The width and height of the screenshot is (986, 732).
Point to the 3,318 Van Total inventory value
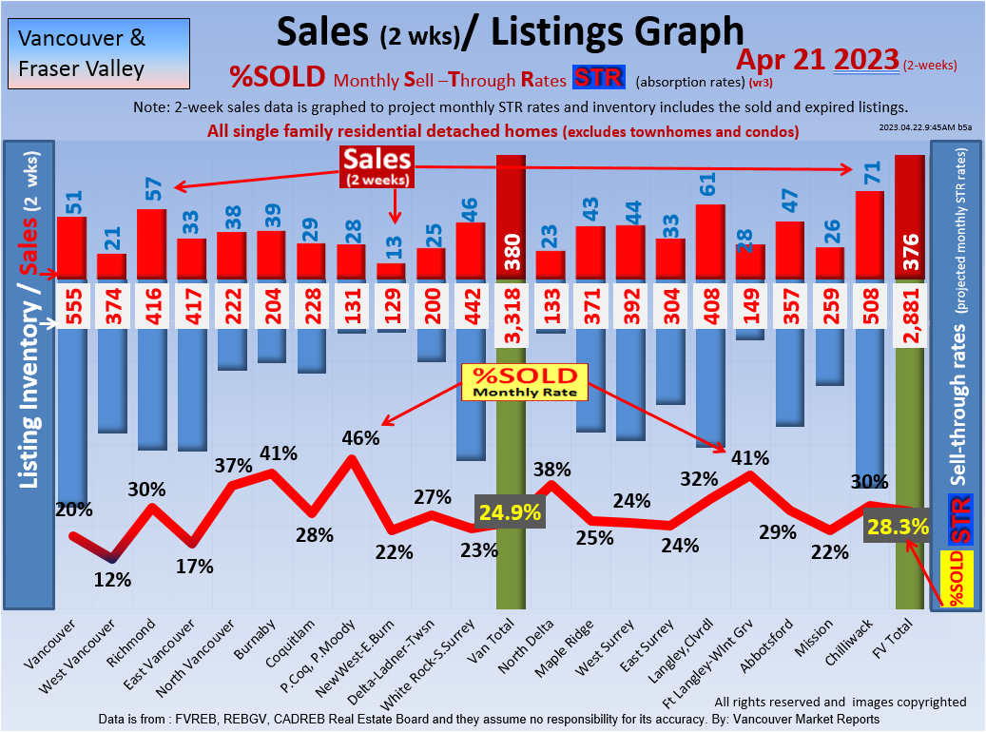(x=511, y=306)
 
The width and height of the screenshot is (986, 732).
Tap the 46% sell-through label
(x=360, y=438)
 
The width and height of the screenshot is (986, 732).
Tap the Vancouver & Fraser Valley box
(x=96, y=54)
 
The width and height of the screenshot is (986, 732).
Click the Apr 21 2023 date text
(x=818, y=59)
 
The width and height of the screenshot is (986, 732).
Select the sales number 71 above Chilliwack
(x=869, y=172)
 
